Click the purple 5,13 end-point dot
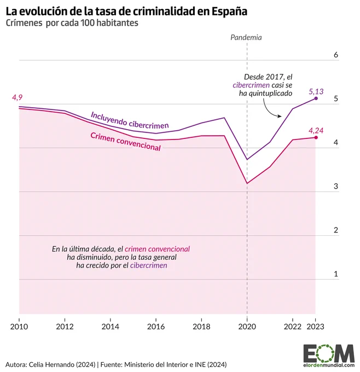[316, 98]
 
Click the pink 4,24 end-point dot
[316, 137]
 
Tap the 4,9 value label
[17, 97]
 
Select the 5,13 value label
[316, 91]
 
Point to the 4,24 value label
[316, 131]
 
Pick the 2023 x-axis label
[315, 327]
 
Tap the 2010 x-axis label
[19, 327]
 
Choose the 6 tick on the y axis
[336, 55]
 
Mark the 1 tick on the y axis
[336, 274]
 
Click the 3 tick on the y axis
[336, 186]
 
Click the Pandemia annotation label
[246, 38]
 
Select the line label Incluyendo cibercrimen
[130, 120]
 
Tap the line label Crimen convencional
[125, 142]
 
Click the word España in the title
[229, 11]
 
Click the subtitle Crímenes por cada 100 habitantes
[72, 23]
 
